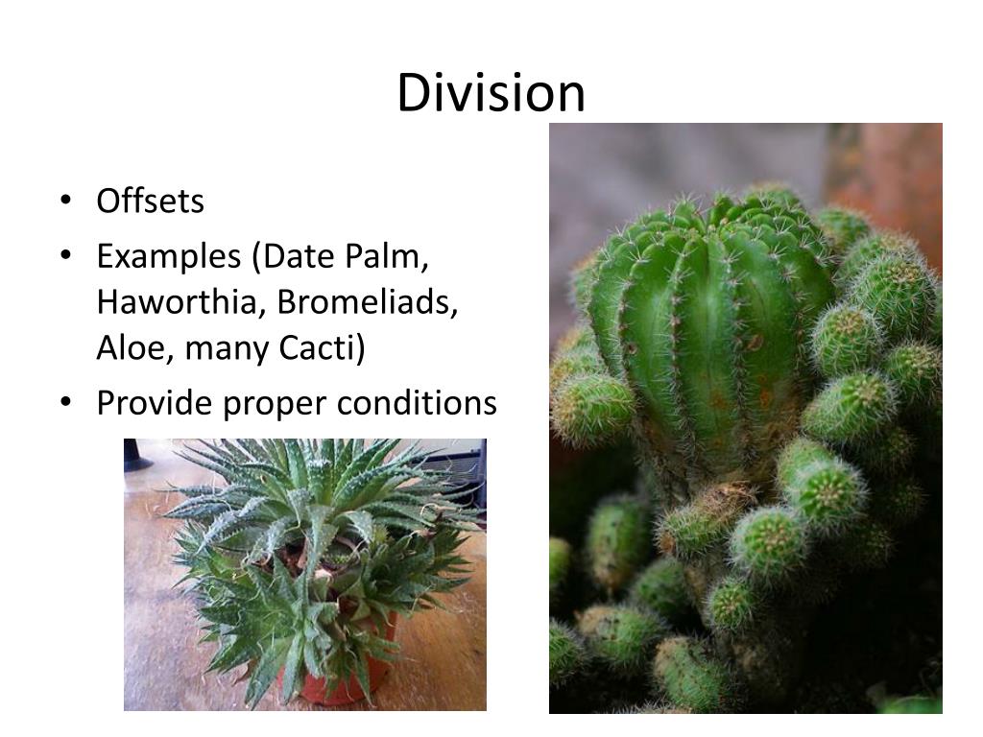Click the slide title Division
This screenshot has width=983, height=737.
[x=491, y=93]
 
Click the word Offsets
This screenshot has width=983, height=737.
[x=150, y=202]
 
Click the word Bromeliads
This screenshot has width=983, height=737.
[x=368, y=302]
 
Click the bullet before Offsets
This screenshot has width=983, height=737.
[x=64, y=202]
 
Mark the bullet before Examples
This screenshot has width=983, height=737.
[x=64, y=257]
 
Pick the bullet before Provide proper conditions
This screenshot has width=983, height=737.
[x=64, y=404]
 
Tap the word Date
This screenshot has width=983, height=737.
[x=299, y=257]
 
